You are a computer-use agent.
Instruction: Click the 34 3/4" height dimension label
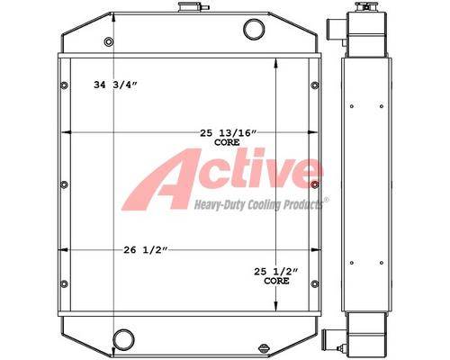(115, 85)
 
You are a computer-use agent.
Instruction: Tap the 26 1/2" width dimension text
(145, 250)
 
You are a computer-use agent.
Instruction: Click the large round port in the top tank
(254, 30)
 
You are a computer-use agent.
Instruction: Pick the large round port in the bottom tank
(123, 339)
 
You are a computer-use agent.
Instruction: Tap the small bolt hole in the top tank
(109, 41)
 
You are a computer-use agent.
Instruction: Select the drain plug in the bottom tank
(263, 349)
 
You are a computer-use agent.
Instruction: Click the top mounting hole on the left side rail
(64, 85)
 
